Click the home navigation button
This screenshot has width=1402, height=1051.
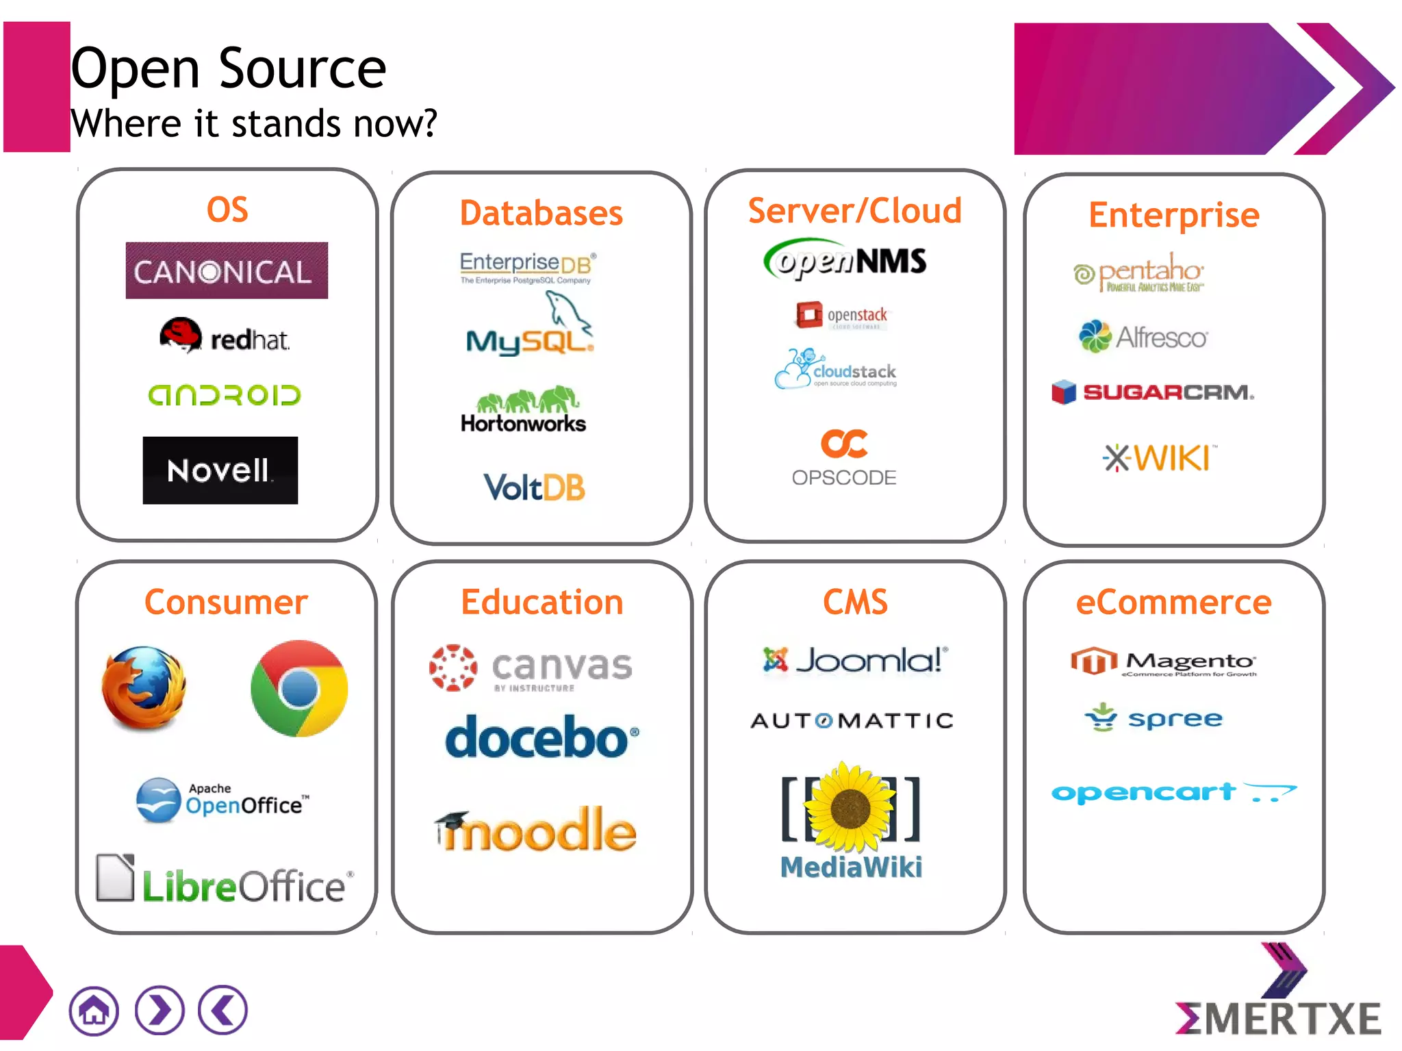[x=94, y=1010]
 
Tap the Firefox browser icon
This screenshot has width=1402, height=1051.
[x=144, y=687]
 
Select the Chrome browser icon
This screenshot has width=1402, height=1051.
[x=299, y=688]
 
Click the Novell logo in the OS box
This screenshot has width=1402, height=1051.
[x=220, y=470]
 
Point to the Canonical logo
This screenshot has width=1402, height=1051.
[x=227, y=270]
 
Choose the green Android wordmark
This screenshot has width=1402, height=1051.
[x=225, y=395]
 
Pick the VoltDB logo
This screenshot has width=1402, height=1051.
[x=534, y=487]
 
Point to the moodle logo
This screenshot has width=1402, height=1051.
[x=536, y=830]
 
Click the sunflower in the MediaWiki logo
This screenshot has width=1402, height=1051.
[x=850, y=808]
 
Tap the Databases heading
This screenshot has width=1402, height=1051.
[x=541, y=213]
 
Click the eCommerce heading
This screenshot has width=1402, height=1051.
[x=1173, y=603]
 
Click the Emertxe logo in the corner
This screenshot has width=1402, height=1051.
[x=1278, y=1000]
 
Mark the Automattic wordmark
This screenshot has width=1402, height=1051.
[x=852, y=720]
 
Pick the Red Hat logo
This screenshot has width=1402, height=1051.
[x=225, y=336]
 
